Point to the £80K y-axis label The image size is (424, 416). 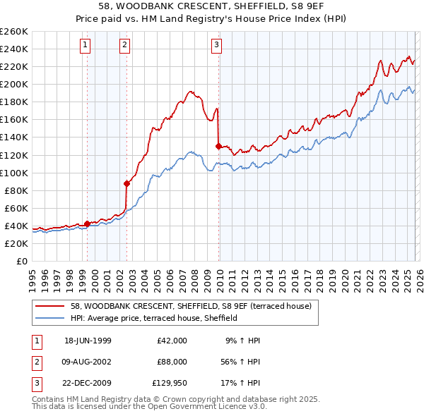click(x=16, y=190)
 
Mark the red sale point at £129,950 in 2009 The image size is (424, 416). click(x=218, y=146)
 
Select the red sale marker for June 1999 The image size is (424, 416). click(x=88, y=224)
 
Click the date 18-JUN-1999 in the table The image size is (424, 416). click(x=88, y=341)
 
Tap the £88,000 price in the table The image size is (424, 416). click(x=172, y=361)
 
